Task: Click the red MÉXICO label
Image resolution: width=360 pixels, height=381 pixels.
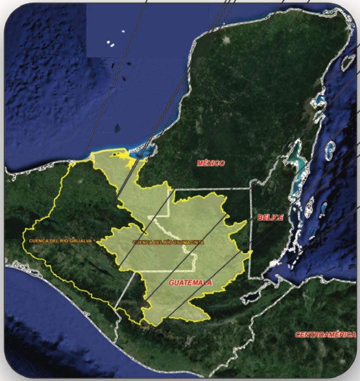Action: click(211, 163)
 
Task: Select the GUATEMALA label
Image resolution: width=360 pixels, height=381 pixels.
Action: click(190, 283)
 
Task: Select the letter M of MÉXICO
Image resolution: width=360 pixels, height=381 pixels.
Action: click(199, 163)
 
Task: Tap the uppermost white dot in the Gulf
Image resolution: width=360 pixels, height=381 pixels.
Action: click(123, 31)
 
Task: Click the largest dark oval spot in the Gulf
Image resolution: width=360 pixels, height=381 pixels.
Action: click(117, 129)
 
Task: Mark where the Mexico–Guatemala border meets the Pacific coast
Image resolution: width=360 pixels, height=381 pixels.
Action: click(116, 340)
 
